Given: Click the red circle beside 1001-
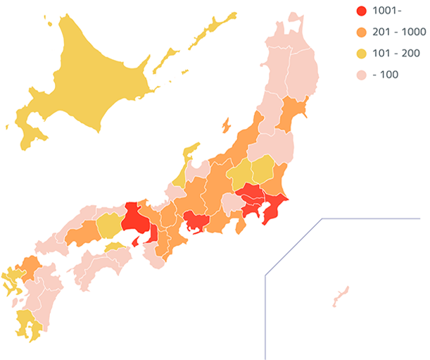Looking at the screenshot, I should (362, 11).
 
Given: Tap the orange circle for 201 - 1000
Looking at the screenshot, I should (362, 32).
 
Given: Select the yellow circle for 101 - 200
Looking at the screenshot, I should (362, 54).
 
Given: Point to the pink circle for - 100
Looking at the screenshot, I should (362, 75).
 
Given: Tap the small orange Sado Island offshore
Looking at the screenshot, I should (226, 125).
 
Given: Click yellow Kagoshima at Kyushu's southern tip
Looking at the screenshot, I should (28, 324).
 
